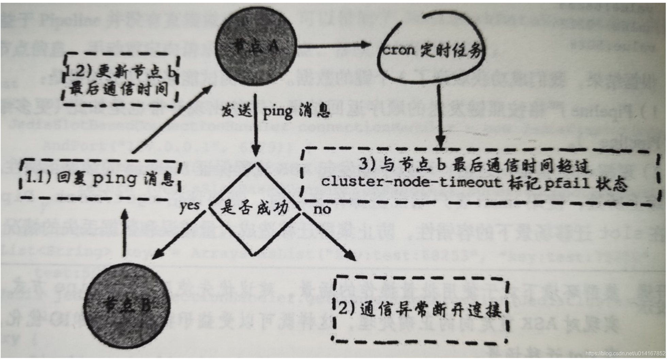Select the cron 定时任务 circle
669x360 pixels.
pos(430,51)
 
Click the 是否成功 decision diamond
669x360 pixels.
pos(254,208)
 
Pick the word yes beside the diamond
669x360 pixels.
pos(189,206)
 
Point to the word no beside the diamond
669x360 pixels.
pos(322,209)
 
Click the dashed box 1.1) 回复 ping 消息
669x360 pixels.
pos(100,179)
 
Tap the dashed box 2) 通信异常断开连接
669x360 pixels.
pos(420,310)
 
